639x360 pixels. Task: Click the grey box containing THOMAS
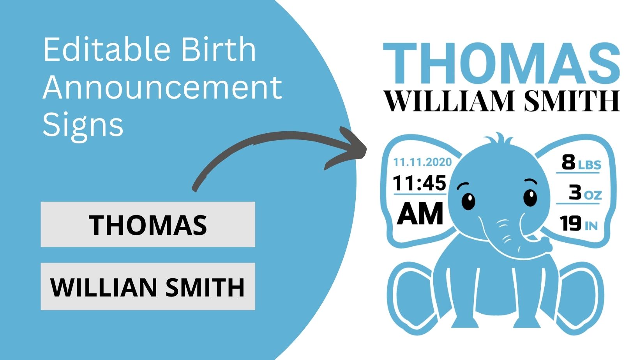[x=148, y=224]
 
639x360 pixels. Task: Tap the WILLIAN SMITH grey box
[x=148, y=286]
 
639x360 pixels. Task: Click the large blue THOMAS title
[x=501, y=63]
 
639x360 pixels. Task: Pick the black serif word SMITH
[x=572, y=101]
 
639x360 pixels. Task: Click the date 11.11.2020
[x=422, y=162]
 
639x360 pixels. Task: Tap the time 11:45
[x=420, y=183]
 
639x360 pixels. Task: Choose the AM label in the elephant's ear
[x=420, y=214]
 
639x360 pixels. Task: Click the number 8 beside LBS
[x=568, y=162]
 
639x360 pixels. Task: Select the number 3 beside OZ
[x=575, y=192]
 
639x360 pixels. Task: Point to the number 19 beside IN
[x=570, y=223]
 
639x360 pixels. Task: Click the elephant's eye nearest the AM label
[x=468, y=201]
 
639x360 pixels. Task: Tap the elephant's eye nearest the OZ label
[x=530, y=198]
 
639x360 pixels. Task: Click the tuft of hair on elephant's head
[x=499, y=139]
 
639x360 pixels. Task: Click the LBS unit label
[x=590, y=165]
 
